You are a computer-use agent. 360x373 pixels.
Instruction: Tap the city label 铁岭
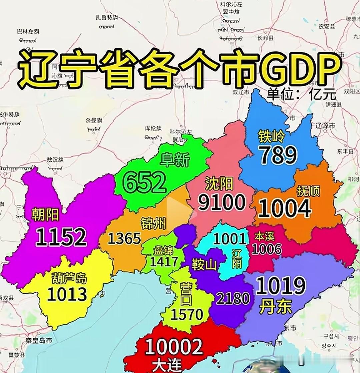click(x=272, y=136)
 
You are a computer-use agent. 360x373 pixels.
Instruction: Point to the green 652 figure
click(x=144, y=182)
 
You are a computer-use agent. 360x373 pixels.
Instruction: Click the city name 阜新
click(x=175, y=160)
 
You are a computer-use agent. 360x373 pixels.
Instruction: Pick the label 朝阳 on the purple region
click(x=45, y=215)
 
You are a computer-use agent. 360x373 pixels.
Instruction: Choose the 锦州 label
click(x=153, y=222)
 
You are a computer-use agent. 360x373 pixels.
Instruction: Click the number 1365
click(x=124, y=238)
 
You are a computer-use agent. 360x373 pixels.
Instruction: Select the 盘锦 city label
click(x=163, y=250)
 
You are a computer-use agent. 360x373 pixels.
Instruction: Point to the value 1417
click(x=164, y=262)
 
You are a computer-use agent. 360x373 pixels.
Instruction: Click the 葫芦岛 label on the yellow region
click(x=69, y=277)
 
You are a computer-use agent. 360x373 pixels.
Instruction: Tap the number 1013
click(x=67, y=294)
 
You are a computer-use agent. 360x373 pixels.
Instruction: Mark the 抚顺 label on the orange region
click(x=308, y=191)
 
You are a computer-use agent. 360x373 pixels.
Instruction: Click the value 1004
click(x=285, y=209)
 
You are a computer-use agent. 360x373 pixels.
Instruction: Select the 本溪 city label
click(x=264, y=237)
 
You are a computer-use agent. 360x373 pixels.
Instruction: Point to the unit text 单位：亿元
click(x=301, y=95)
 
